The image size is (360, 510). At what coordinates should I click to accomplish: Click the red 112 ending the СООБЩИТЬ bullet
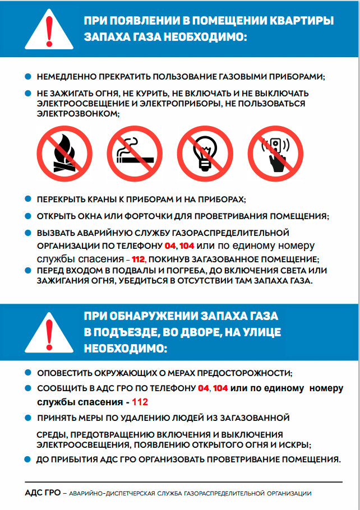(x=140, y=402)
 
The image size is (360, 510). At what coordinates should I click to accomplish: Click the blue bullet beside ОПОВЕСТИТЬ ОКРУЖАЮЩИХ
(x=29, y=373)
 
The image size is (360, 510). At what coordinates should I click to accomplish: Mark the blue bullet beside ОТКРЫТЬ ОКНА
(x=29, y=216)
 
